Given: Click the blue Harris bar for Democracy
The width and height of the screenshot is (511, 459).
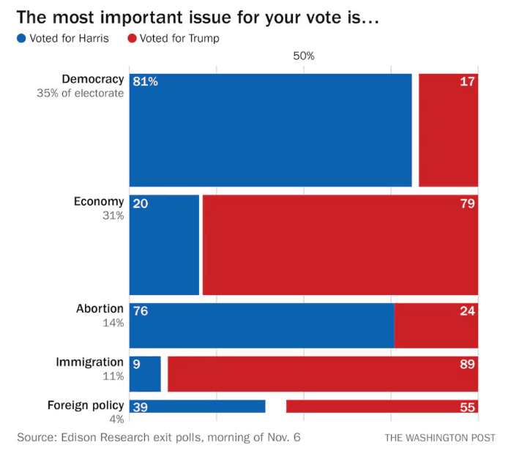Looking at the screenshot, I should (270, 130).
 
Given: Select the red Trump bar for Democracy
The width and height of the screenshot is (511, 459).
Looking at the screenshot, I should (448, 130).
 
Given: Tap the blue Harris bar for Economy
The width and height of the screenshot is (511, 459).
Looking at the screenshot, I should (164, 245).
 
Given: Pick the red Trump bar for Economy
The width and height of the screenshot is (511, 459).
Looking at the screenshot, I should (340, 245).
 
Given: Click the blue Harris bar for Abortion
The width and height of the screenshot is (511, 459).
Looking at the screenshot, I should (261, 325).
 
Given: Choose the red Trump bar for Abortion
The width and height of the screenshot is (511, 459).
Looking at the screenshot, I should (436, 325).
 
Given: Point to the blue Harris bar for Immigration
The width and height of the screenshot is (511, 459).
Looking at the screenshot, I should (145, 374).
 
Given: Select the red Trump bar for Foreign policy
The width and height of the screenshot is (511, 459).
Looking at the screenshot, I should (381, 407).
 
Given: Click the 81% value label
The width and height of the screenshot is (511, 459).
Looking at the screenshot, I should (146, 81).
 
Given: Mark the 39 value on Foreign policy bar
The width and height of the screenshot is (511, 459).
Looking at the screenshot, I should (141, 408).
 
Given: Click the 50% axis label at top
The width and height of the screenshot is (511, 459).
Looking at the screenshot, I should (304, 56).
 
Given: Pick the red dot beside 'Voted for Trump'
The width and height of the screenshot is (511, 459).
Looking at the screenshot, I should (133, 38).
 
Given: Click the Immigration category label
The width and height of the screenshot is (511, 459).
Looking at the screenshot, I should (89, 362).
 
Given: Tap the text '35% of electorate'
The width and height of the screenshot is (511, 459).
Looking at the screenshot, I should (81, 94).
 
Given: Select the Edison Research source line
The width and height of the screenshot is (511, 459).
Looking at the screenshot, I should (158, 438).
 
